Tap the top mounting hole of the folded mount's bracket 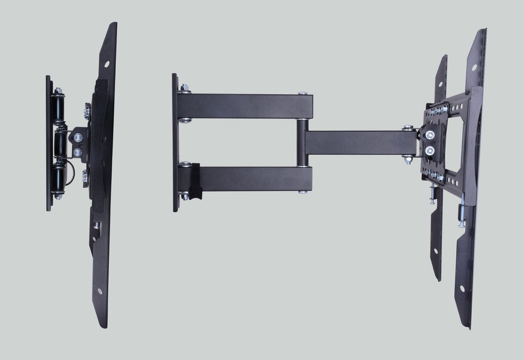click(107, 65)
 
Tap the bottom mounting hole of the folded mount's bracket click(99, 291)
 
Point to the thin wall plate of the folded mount click(49, 143)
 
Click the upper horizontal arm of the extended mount click(244, 106)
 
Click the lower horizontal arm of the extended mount click(252, 178)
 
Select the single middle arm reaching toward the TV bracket click(355, 142)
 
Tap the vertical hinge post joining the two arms click(302, 142)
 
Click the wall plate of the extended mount click(175, 142)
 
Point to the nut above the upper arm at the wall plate click(184, 88)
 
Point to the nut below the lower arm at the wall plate click(184, 196)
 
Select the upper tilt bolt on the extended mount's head click(430, 135)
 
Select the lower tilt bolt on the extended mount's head click(430, 151)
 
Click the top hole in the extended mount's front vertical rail click(474, 67)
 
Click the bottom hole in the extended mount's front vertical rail click(462, 289)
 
